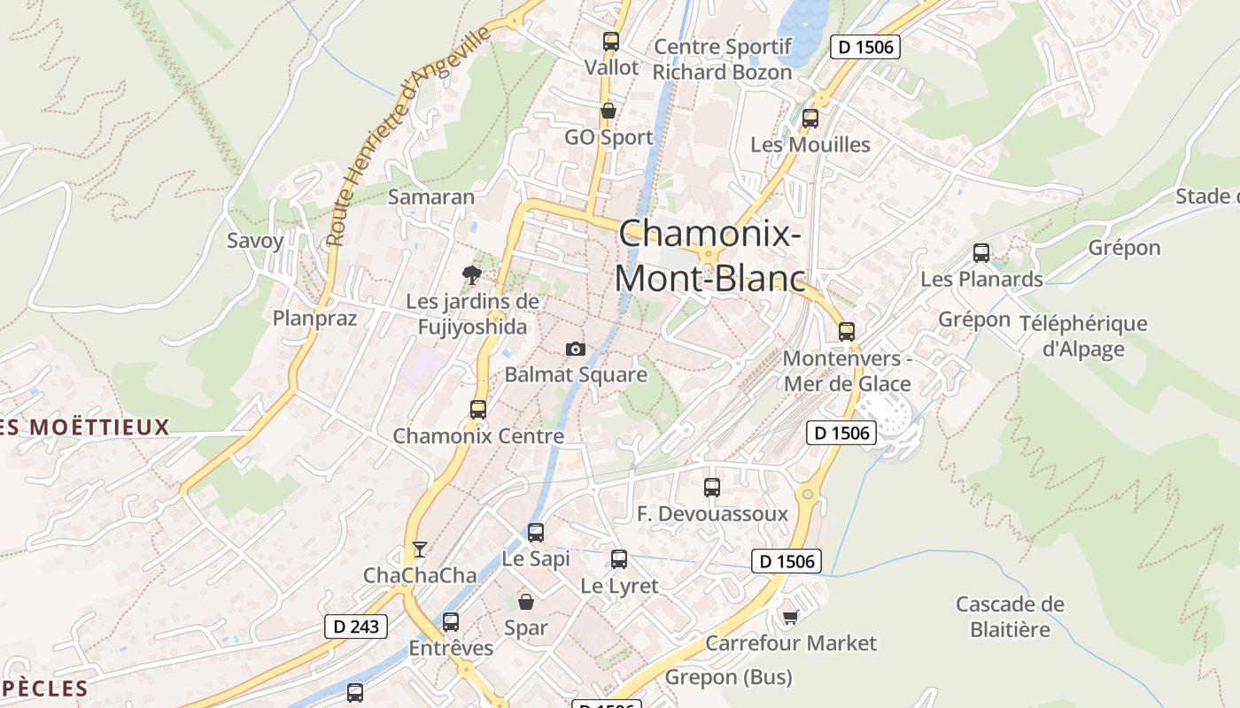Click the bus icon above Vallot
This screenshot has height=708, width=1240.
(x=610, y=41)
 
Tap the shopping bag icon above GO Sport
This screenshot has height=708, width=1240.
(x=608, y=111)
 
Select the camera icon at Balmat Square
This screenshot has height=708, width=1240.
(x=576, y=349)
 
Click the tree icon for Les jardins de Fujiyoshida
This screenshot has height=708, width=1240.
(x=472, y=274)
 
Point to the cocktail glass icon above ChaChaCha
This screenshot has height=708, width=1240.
(x=419, y=550)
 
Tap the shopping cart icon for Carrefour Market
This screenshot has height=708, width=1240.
(x=790, y=617)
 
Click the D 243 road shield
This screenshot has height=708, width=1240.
(x=356, y=627)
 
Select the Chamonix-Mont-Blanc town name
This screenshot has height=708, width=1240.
(x=710, y=256)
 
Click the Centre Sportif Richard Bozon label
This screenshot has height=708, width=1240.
(x=723, y=59)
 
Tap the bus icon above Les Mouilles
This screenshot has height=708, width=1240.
(x=810, y=119)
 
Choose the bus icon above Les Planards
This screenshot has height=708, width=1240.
(x=981, y=253)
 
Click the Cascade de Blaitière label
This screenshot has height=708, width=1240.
(x=1010, y=617)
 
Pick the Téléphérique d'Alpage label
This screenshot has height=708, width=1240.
(x=1083, y=336)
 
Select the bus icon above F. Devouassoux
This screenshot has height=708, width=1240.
(x=711, y=487)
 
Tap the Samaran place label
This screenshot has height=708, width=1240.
(x=431, y=196)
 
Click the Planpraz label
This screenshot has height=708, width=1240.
(x=314, y=318)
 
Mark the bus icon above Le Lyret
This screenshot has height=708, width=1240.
(x=619, y=559)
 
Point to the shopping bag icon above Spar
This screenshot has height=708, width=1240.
(x=526, y=602)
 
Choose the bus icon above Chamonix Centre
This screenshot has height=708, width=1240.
(x=478, y=409)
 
